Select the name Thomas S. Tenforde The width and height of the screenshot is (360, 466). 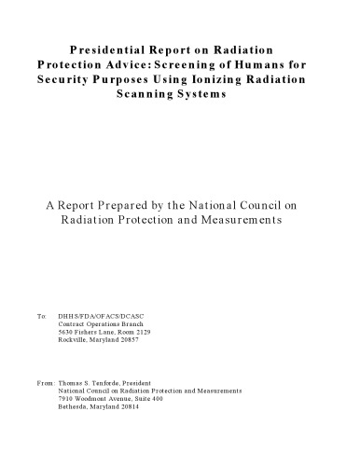[x=94, y=382]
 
